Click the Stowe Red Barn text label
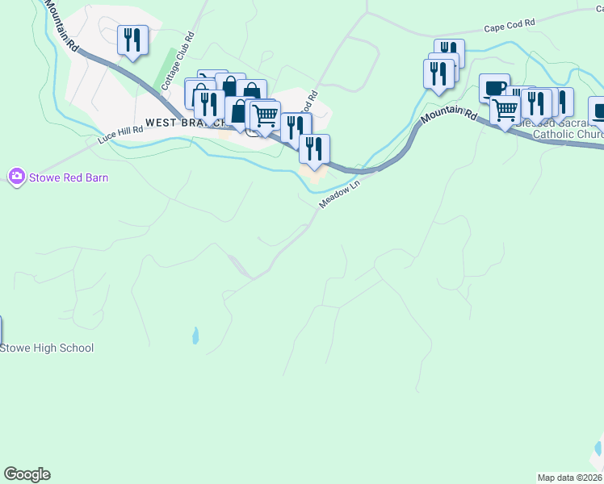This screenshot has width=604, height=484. tap(68, 177)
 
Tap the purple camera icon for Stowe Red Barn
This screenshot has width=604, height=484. tap(16, 177)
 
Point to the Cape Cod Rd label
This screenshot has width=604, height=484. tap(510, 26)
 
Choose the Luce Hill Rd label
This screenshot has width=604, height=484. tap(120, 134)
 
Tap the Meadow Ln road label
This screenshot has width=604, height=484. tap(338, 194)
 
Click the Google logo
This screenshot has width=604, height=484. tap(27, 474)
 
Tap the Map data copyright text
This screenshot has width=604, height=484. tap(569, 478)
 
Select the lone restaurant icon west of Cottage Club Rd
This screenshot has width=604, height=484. tap(132, 40)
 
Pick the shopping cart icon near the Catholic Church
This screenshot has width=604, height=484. tap(505, 108)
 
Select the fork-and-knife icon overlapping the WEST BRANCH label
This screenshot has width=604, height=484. tap(209, 105)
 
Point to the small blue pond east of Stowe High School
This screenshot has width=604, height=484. tap(195, 336)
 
